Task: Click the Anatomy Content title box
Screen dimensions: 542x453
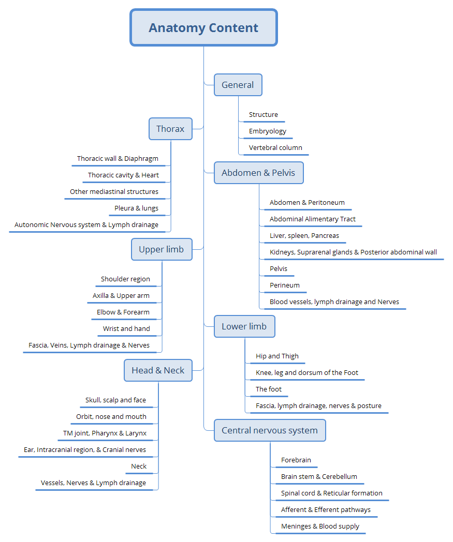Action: (203, 28)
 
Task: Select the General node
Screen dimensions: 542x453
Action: (238, 85)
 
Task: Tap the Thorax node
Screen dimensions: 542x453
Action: (170, 129)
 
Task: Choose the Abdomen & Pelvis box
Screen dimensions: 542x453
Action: (258, 173)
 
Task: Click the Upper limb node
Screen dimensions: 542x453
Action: (161, 249)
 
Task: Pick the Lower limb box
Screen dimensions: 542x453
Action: (244, 326)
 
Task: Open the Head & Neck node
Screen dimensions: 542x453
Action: (158, 370)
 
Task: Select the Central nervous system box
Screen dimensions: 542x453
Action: (270, 430)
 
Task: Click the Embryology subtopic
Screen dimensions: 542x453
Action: (268, 131)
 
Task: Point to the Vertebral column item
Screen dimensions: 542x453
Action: (275, 148)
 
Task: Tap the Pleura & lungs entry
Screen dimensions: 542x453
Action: (137, 208)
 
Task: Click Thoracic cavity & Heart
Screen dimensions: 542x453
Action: (123, 175)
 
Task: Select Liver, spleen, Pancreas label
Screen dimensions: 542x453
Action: (304, 236)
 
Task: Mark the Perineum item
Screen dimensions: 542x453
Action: (285, 285)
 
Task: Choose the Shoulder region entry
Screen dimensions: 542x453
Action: (125, 279)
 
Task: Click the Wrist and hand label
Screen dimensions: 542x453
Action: (126, 329)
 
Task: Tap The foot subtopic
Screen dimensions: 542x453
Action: (269, 389)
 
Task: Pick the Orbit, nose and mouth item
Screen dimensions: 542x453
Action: (111, 417)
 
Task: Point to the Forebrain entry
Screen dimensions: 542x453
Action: (296, 460)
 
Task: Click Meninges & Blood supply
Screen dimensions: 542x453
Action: (320, 526)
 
